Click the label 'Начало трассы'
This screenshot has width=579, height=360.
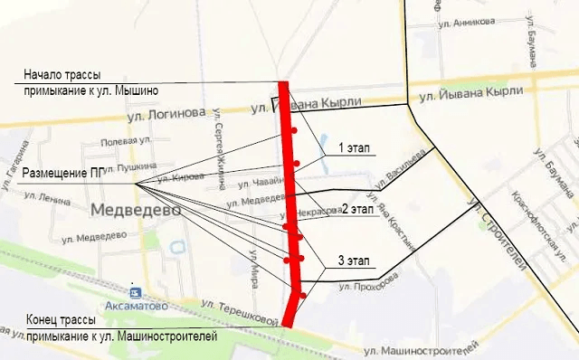tap(62, 74)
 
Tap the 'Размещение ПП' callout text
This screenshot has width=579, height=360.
tap(61, 172)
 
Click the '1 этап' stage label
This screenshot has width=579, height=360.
tap(353, 147)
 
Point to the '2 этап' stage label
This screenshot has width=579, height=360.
tap(356, 209)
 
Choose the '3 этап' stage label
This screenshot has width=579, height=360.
tap(353, 261)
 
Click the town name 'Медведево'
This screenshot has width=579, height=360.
tap(136, 209)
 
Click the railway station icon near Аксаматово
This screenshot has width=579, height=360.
tap(136, 292)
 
